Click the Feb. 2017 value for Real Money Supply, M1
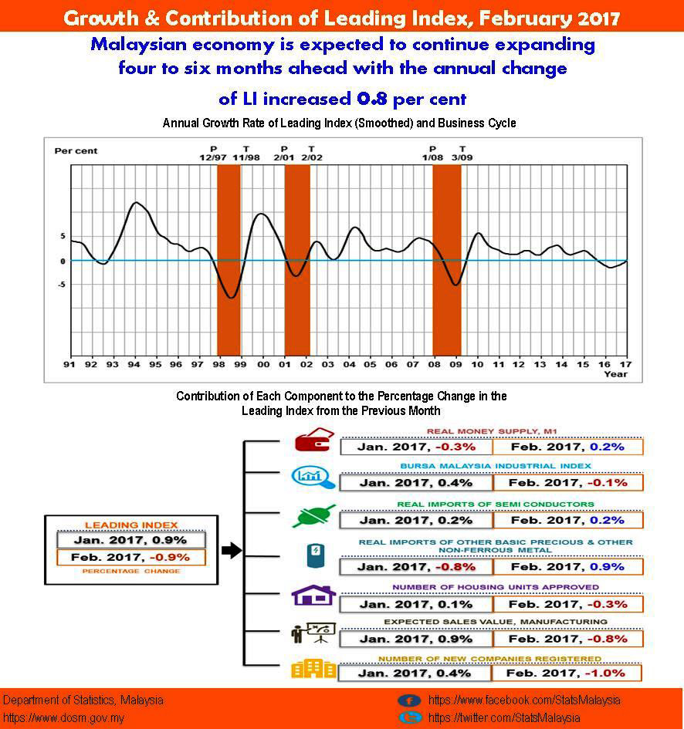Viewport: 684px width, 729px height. point(567,447)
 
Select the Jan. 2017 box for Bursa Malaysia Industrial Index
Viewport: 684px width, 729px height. point(416,483)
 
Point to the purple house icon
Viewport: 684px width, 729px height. point(312,596)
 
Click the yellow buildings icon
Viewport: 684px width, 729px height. point(312,668)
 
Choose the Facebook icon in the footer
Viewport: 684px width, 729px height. point(409,700)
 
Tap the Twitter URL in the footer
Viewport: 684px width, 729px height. point(503,717)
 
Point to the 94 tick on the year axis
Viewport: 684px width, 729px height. point(134,364)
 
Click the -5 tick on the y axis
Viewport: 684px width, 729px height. point(61,285)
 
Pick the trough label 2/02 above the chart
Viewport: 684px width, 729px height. point(311,157)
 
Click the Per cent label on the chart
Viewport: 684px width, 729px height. point(76,150)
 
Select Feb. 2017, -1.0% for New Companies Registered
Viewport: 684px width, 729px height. point(567,673)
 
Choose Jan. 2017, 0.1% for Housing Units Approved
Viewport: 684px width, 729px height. point(416,604)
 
